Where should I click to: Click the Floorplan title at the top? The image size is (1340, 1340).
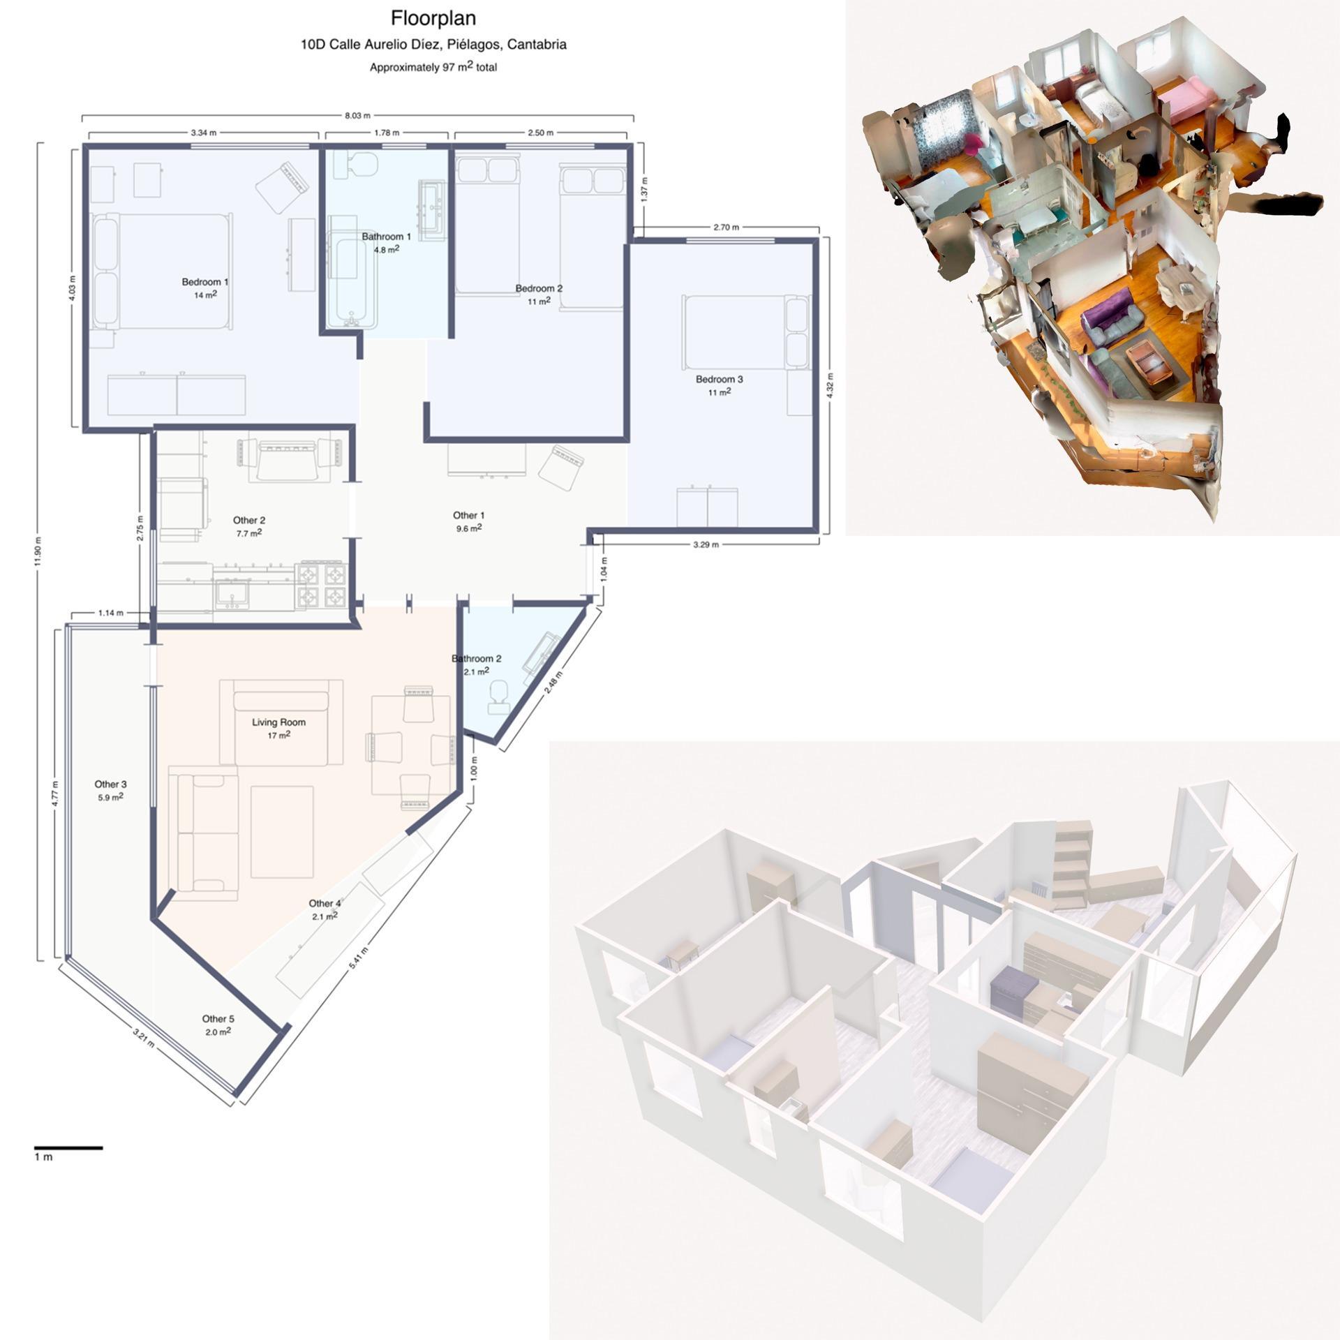point(433,17)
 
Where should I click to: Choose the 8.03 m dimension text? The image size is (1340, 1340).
point(358,116)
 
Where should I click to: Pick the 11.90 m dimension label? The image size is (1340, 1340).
point(38,553)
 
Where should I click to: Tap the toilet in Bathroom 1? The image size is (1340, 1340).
point(355,165)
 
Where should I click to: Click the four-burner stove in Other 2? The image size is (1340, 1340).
point(322,585)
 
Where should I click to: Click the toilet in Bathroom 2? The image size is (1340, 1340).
point(498,697)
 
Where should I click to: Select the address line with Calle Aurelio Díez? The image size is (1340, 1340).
point(433,45)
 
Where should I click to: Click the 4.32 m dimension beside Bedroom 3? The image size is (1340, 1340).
point(829,385)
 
